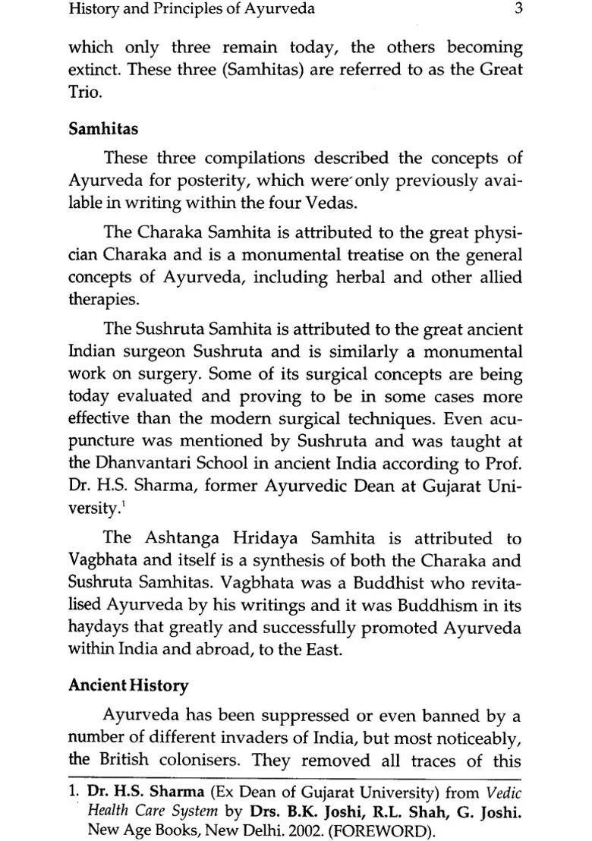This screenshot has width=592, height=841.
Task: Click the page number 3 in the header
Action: (x=517, y=10)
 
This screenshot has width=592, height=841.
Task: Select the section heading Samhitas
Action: (x=103, y=128)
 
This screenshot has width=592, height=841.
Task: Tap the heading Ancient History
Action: (x=128, y=685)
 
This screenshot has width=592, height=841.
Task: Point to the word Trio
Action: (x=83, y=93)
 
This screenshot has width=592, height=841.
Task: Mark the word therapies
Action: (x=103, y=300)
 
